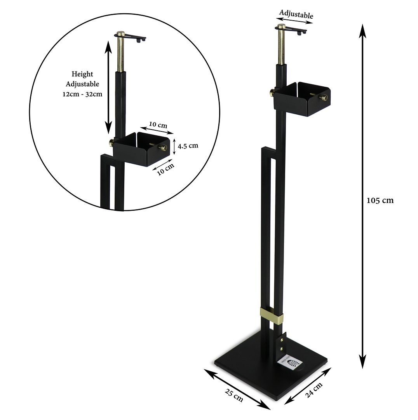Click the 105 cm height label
click(x=380, y=201)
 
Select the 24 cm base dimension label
click(x=314, y=389)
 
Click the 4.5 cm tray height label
click(x=188, y=146)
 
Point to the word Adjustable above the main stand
click(x=296, y=14)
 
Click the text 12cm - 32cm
click(x=82, y=94)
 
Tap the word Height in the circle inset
click(x=82, y=74)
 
